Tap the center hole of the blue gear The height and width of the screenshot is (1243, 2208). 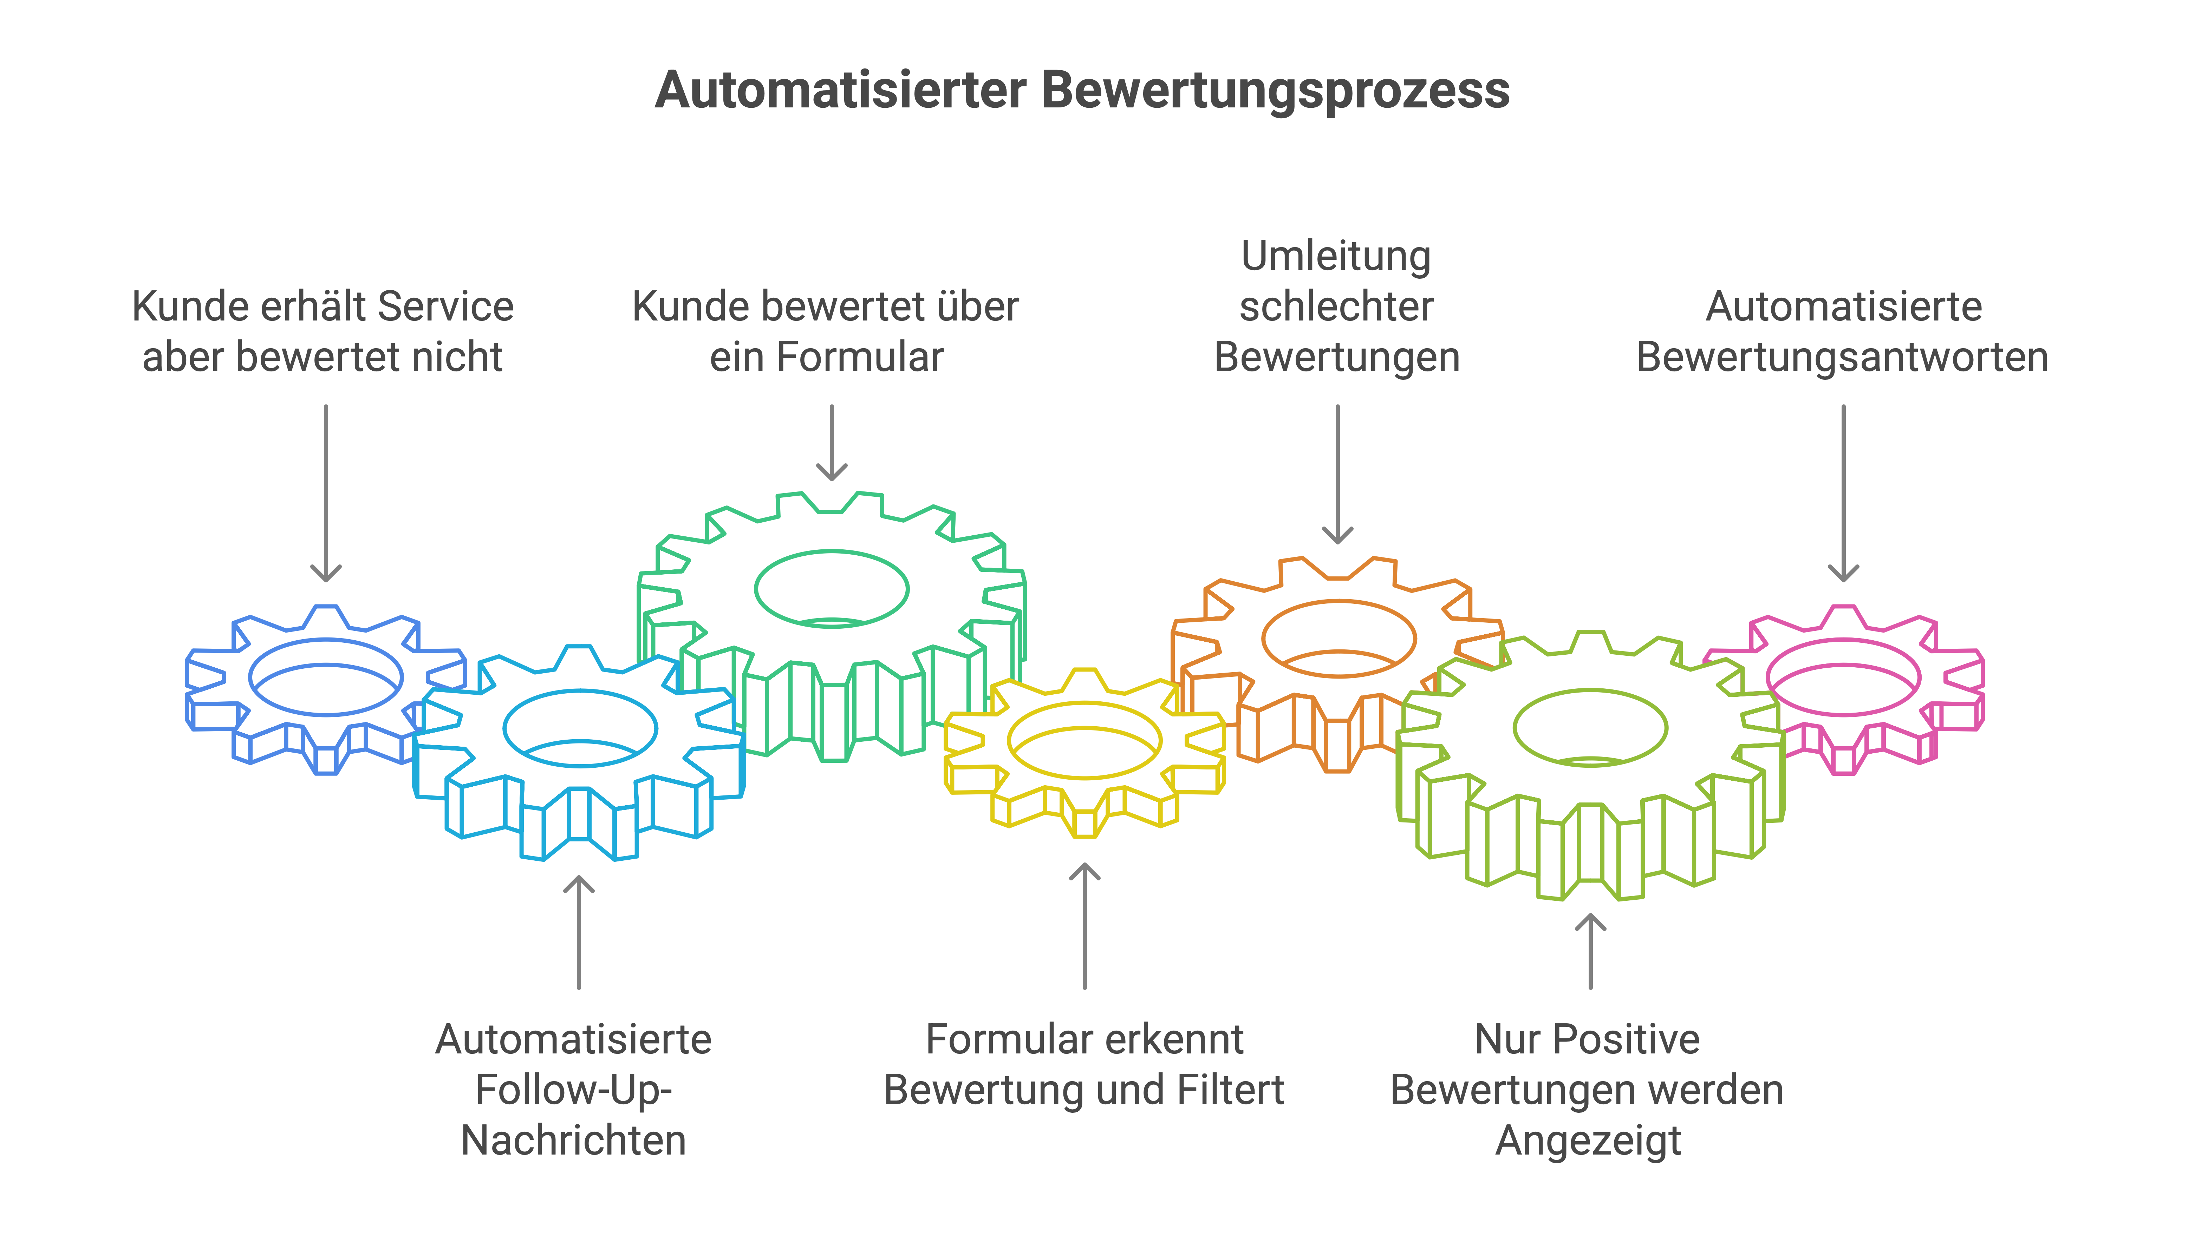pyautogui.click(x=326, y=677)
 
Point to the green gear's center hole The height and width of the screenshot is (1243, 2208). pyautogui.click(x=832, y=589)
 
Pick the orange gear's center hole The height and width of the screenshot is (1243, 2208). pyautogui.click(x=1338, y=638)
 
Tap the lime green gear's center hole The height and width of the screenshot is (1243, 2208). pyautogui.click(x=1590, y=727)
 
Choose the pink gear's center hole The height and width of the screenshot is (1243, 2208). pyautogui.click(x=1843, y=677)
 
